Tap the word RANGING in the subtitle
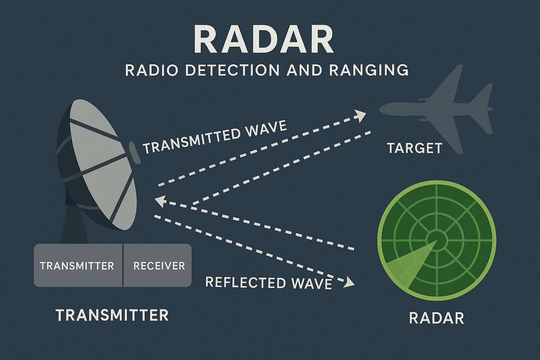[x=369, y=70]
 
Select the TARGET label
[x=414, y=148]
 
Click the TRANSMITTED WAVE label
[x=214, y=137]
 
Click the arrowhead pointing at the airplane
[x=361, y=115]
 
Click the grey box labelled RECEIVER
[x=159, y=265]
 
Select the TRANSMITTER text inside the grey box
[x=77, y=265]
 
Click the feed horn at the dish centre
[x=135, y=152]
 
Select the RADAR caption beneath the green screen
[x=437, y=318]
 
